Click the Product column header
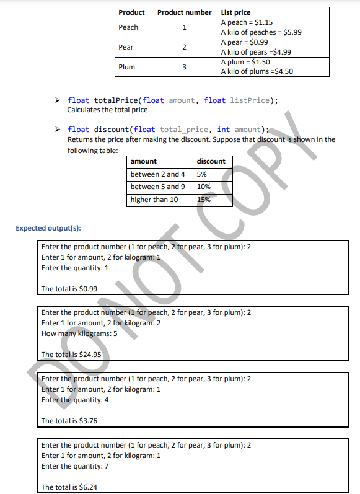click(131, 12)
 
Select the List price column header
click(235, 12)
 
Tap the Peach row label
click(128, 27)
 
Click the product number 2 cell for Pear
click(184, 47)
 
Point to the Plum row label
click(126, 67)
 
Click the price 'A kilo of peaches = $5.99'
click(261, 32)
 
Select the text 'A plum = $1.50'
click(245, 63)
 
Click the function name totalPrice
click(116, 100)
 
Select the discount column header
click(211, 161)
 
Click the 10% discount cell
click(203, 187)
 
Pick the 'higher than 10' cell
click(154, 200)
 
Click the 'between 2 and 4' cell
click(158, 174)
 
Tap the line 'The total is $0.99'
click(69, 289)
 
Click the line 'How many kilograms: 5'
click(79, 333)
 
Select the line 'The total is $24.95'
click(71, 355)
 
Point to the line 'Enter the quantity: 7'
click(75, 466)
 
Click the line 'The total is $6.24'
click(69, 487)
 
